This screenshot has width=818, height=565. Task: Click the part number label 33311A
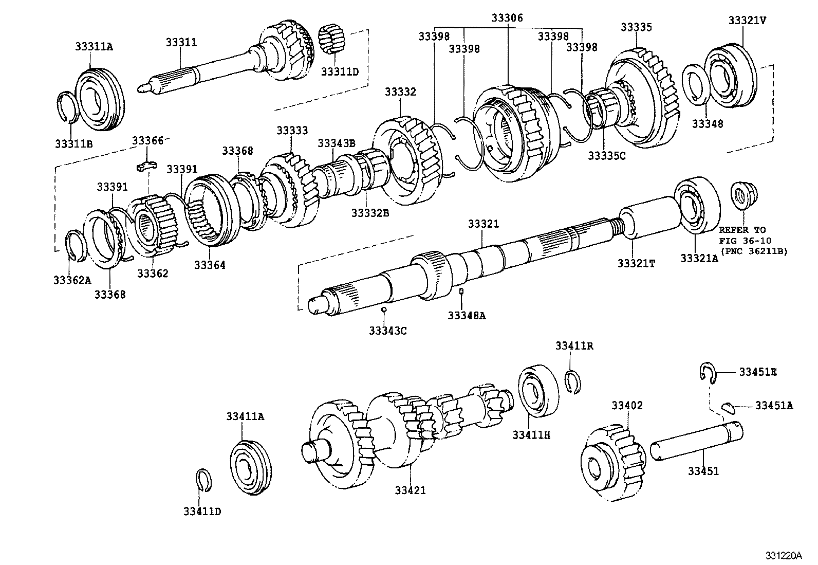pyautogui.click(x=94, y=46)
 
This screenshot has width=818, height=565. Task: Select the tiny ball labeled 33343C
pyautogui.click(x=384, y=309)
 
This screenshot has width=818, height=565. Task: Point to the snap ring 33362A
pyautogui.click(x=76, y=246)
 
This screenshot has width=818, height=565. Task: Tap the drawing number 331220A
pyautogui.click(x=783, y=555)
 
